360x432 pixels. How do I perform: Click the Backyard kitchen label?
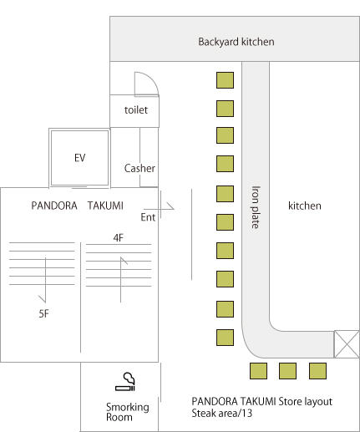pyautogui.click(x=236, y=42)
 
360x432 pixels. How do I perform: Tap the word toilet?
pyautogui.click(x=136, y=110)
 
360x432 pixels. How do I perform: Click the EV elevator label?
pyautogui.click(x=79, y=158)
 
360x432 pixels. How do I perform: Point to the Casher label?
pyautogui.click(x=139, y=168)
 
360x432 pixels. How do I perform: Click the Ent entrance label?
pyautogui.click(x=148, y=217)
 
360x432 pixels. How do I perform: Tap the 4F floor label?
pyautogui.click(x=118, y=238)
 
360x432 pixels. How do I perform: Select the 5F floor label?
pyautogui.click(x=43, y=314)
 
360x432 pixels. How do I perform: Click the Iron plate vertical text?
pyautogui.click(x=256, y=207)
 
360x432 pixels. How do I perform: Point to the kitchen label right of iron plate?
pyautogui.click(x=305, y=206)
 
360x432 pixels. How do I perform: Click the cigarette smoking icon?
pyautogui.click(x=125, y=382)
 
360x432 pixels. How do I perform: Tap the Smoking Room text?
pyautogui.click(x=128, y=412)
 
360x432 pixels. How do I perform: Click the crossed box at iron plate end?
pyautogui.click(x=347, y=344)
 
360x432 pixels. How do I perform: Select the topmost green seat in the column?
pyautogui.click(x=225, y=80)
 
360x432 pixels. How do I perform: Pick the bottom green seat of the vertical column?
pyautogui.click(x=225, y=338)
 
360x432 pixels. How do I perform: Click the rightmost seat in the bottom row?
pyautogui.click(x=317, y=371)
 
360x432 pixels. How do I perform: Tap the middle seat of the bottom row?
pyautogui.click(x=287, y=371)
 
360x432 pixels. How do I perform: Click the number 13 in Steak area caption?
pyautogui.click(x=247, y=413)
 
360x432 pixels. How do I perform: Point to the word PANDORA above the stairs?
pyautogui.click(x=54, y=206)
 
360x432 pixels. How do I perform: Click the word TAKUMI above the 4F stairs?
pyautogui.click(x=105, y=206)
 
